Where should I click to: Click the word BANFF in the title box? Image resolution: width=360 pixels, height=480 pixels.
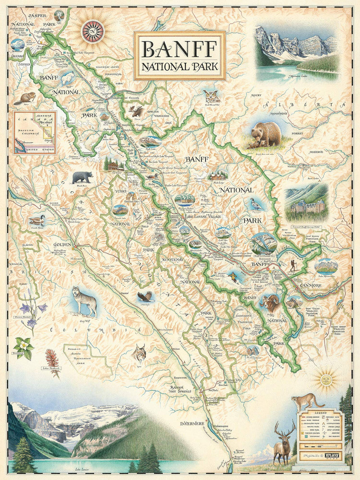pos(179,48)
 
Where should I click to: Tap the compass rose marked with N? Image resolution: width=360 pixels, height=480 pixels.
pos(93,31)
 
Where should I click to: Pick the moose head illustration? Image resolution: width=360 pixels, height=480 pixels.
pos(135,111)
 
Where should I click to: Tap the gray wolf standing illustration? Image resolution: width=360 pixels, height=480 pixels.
pos(85,299)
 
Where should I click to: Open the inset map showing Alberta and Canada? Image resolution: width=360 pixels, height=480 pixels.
pos(35,133)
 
